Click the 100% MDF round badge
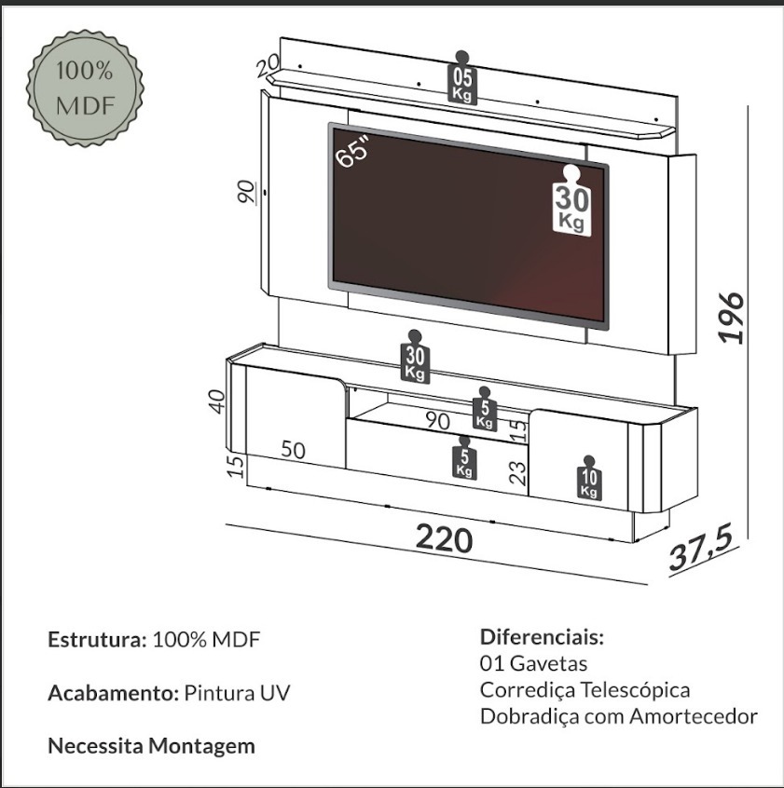(85, 88)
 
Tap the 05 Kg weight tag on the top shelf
(462, 77)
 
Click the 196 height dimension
(731, 318)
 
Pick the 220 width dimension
(445, 538)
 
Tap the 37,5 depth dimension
(701, 550)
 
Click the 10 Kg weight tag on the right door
(589, 478)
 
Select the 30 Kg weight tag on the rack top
(415, 357)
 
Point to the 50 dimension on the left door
(293, 450)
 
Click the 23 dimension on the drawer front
(518, 473)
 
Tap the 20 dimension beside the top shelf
(267, 65)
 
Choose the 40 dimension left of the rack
(217, 401)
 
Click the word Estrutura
(97, 639)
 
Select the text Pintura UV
(238, 692)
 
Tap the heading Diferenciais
(543, 637)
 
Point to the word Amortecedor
(694, 715)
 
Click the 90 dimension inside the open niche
(437, 420)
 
